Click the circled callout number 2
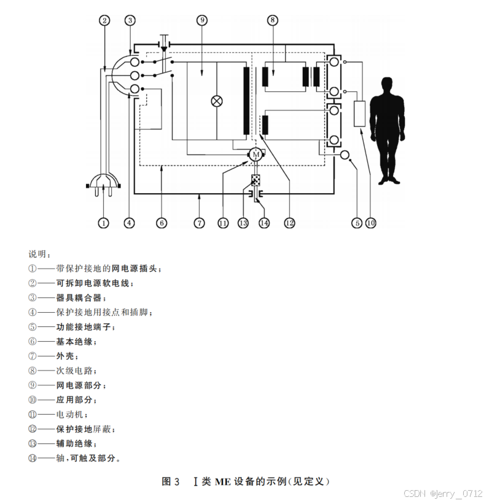tap(105, 20)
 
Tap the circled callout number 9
tap(202, 20)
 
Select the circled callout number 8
tap(273, 20)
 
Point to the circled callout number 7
tap(199, 223)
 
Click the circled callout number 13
tap(243, 223)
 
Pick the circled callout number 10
tap(370, 223)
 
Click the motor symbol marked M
tap(254, 155)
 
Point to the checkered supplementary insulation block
tap(256, 181)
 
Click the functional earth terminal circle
tap(344, 155)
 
